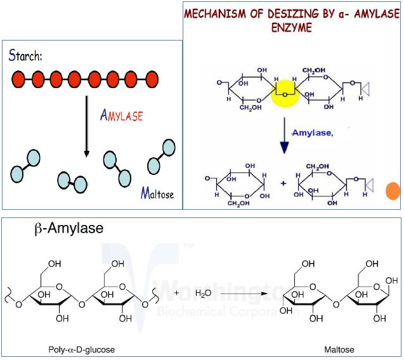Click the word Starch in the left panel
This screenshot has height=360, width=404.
click(x=25, y=55)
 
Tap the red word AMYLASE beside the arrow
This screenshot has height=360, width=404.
click(x=121, y=115)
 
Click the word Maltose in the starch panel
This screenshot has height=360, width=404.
click(x=157, y=193)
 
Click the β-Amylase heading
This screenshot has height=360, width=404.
click(x=68, y=229)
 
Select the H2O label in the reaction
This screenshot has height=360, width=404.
click(x=203, y=293)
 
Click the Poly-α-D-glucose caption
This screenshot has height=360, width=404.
click(x=81, y=349)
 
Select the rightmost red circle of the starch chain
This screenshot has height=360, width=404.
click(x=150, y=79)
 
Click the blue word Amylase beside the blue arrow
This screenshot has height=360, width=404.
click(x=311, y=134)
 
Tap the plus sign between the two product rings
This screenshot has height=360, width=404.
click(x=283, y=184)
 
